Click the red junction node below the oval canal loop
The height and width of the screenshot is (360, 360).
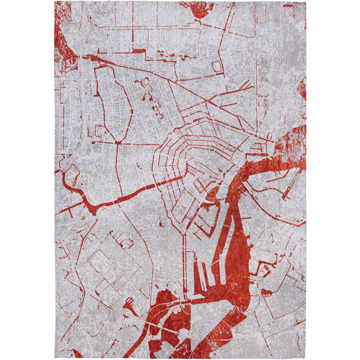pos(118,142)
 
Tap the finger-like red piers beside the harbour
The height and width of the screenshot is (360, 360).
pos(200,276)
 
